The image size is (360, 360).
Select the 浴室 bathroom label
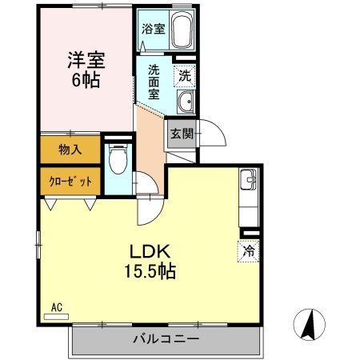click(x=153, y=29)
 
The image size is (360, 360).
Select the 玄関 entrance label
click(x=181, y=134)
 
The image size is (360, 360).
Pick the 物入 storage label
click(x=70, y=149)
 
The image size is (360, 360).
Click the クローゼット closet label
click(x=70, y=182)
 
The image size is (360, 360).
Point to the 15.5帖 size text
click(x=150, y=271)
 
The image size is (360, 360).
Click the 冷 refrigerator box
click(x=249, y=250)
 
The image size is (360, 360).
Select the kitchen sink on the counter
click(x=248, y=182)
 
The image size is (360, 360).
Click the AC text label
click(x=56, y=306)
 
